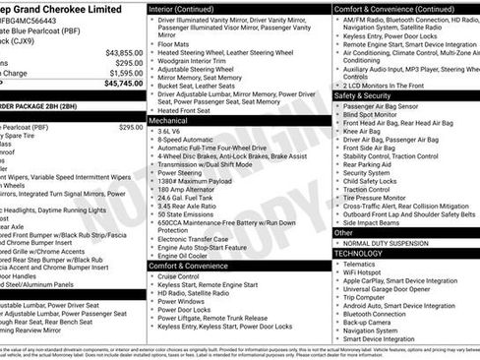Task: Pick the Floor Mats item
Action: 174,43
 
